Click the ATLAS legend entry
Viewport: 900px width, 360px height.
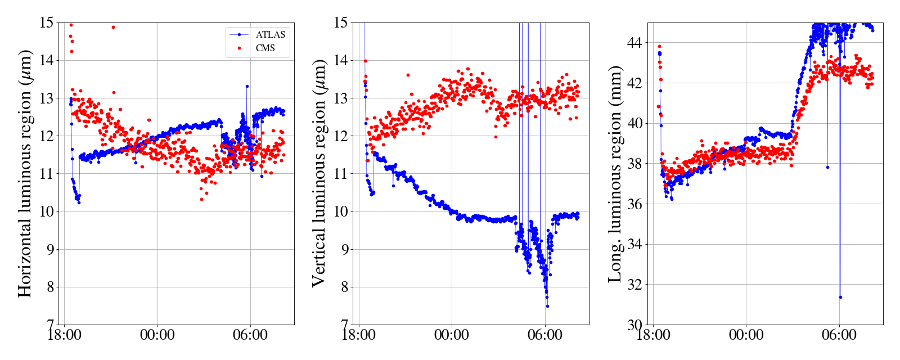(x=270, y=34)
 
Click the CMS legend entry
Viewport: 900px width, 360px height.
(x=265, y=48)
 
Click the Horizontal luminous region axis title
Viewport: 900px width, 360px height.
(x=25, y=173)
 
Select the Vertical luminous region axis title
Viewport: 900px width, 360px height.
(x=319, y=173)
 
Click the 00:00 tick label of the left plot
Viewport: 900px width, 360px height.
(x=157, y=336)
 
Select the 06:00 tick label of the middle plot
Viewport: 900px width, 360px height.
(x=544, y=336)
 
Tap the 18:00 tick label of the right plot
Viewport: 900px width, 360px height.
(x=653, y=336)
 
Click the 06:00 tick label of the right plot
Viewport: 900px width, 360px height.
(x=839, y=336)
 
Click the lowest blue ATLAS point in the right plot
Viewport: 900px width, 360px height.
(x=840, y=297)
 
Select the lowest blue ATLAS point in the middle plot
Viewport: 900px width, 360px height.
(x=547, y=306)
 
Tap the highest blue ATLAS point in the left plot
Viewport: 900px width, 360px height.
(x=247, y=86)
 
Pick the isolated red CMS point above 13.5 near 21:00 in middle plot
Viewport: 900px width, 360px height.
(x=408, y=75)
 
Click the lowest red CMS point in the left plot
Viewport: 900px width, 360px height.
(x=201, y=199)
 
